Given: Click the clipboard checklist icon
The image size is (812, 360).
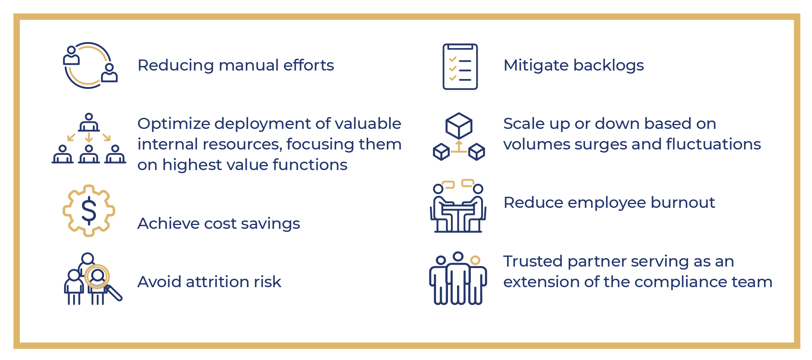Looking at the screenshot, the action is pos(460,67).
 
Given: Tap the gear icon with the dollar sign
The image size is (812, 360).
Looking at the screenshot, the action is pos(89,211).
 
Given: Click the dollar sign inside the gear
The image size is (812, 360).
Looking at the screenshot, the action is pos(89,210).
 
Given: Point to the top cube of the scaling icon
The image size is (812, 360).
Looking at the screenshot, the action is pos(459,125).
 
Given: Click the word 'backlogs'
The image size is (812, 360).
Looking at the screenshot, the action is pos(609,65).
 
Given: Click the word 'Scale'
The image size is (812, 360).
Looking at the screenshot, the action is pos(524,124).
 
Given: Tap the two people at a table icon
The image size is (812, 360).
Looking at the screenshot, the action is pos(458,206).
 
